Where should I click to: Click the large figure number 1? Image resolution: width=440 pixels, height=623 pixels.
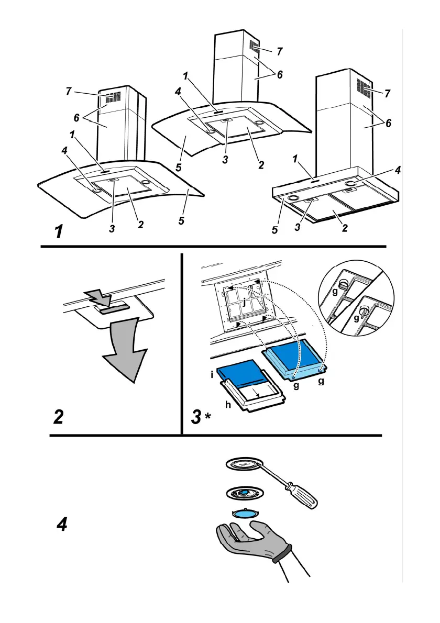point(59,231)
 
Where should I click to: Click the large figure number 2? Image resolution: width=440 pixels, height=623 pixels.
point(58,417)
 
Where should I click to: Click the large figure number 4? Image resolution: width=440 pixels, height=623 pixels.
point(62,524)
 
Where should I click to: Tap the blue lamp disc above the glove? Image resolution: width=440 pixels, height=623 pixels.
point(244,513)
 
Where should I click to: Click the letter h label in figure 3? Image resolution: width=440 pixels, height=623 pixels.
point(228,405)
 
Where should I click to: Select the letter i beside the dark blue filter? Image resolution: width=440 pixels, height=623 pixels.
point(212,374)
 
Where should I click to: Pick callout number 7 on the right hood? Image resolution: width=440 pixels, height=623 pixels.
point(387,93)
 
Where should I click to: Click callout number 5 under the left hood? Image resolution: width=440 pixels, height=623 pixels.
point(181,221)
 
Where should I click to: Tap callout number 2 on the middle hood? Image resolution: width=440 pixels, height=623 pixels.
point(261,165)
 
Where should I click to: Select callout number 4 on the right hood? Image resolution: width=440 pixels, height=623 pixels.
point(398,171)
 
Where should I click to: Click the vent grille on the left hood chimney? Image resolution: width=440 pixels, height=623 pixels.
point(113,96)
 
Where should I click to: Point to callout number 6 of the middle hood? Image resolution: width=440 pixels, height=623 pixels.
point(280,75)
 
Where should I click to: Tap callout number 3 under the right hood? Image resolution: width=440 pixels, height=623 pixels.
point(298,228)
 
